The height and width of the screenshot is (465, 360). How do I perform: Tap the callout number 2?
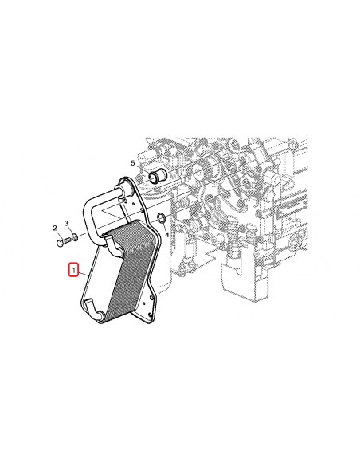56,229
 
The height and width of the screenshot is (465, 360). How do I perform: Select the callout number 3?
67,223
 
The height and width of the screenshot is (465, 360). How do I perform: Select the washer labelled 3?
74,236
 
